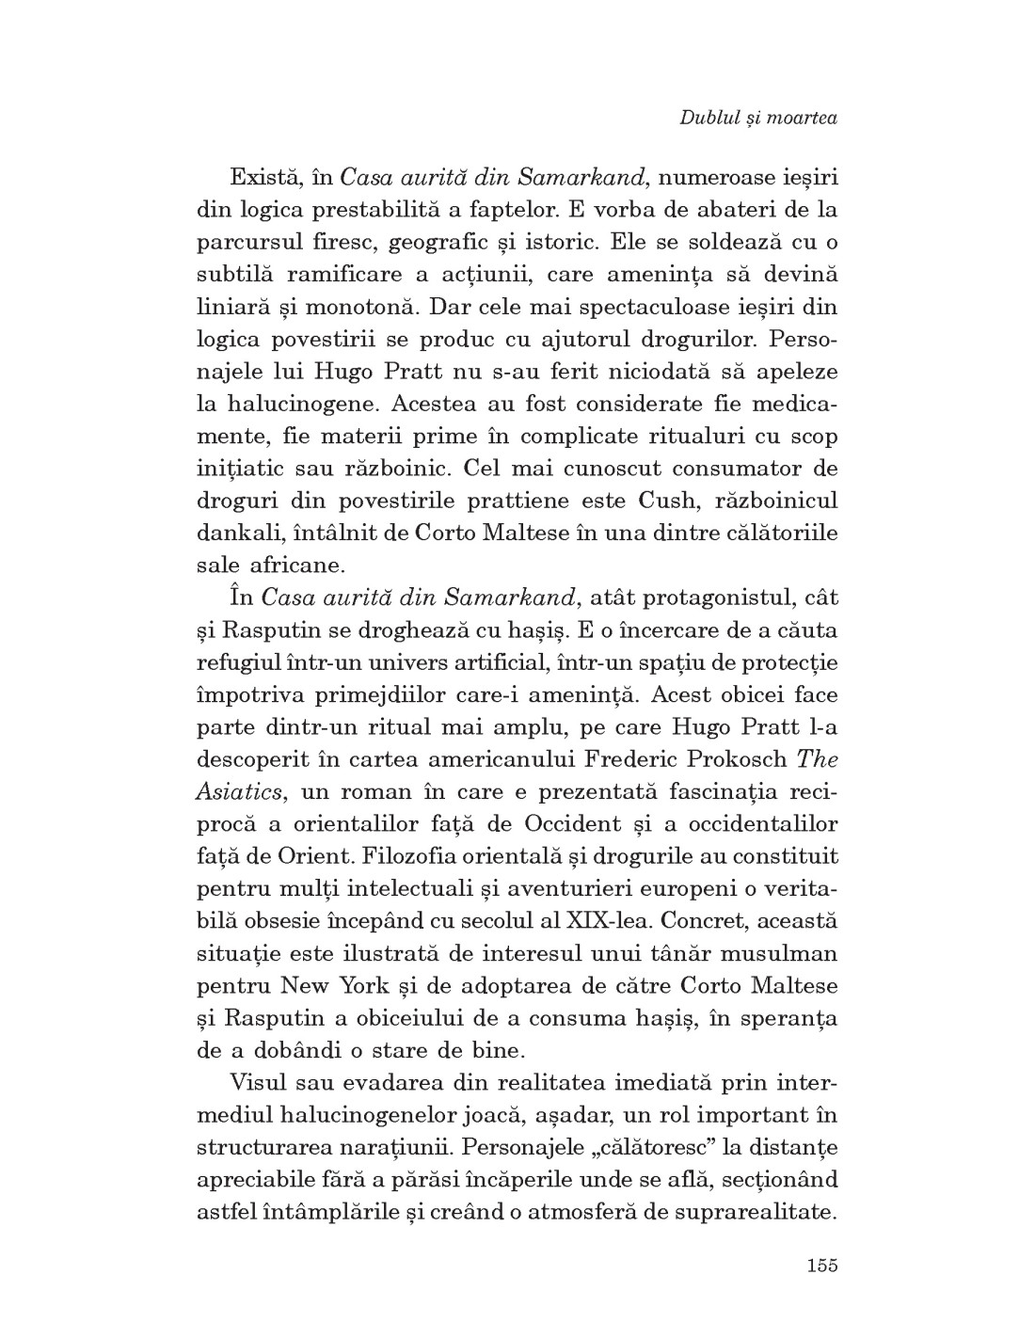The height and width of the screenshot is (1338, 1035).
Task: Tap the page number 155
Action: [820, 1265]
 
